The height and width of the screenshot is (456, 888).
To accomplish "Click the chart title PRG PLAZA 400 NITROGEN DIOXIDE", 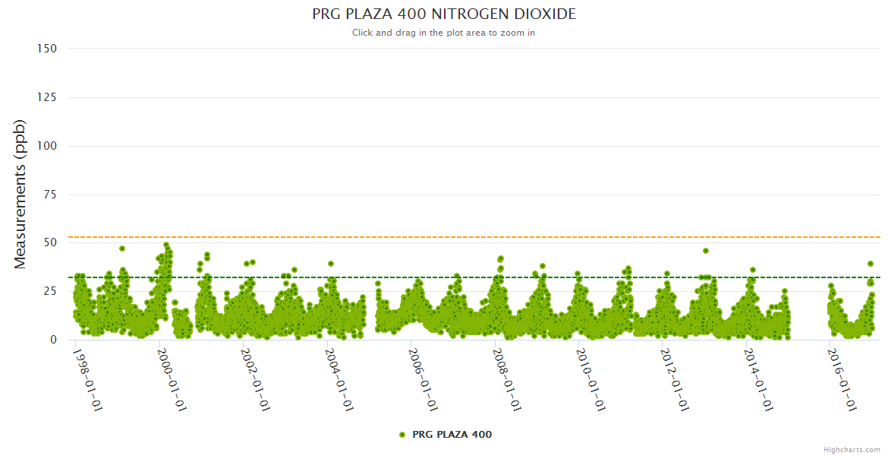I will coord(444,14).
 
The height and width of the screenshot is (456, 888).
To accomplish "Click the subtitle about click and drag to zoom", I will coord(444,33).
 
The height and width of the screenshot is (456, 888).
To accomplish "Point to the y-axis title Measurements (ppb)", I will coord(20,194).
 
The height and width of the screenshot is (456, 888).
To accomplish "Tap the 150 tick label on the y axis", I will coord(47,49).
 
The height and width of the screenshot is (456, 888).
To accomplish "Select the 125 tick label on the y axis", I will coord(47,97).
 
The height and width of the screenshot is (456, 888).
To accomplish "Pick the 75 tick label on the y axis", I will coord(50,195).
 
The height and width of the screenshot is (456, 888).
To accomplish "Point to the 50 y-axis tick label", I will coord(50,242).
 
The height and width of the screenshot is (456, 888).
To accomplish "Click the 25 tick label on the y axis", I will coord(50,291).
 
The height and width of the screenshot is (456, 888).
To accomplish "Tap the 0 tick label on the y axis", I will coord(53,340).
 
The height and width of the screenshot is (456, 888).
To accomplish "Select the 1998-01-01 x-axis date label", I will coord(87,379).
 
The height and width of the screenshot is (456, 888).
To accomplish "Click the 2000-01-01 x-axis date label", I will coord(172,379).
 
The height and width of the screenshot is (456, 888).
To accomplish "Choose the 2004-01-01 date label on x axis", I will coord(339,379).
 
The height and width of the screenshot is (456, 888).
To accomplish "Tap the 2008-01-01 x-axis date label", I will coord(506,379).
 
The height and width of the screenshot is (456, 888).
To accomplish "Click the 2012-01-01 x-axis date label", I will coord(674,379).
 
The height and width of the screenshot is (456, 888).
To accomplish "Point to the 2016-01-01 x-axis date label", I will coord(842,379).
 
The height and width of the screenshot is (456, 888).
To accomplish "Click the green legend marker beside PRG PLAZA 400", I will coord(402,435).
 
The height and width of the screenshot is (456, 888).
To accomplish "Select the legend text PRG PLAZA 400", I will coord(452,435).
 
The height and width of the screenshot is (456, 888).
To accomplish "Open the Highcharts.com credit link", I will coord(852,449).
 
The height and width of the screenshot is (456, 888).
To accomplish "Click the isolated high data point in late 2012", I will coord(706,251).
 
